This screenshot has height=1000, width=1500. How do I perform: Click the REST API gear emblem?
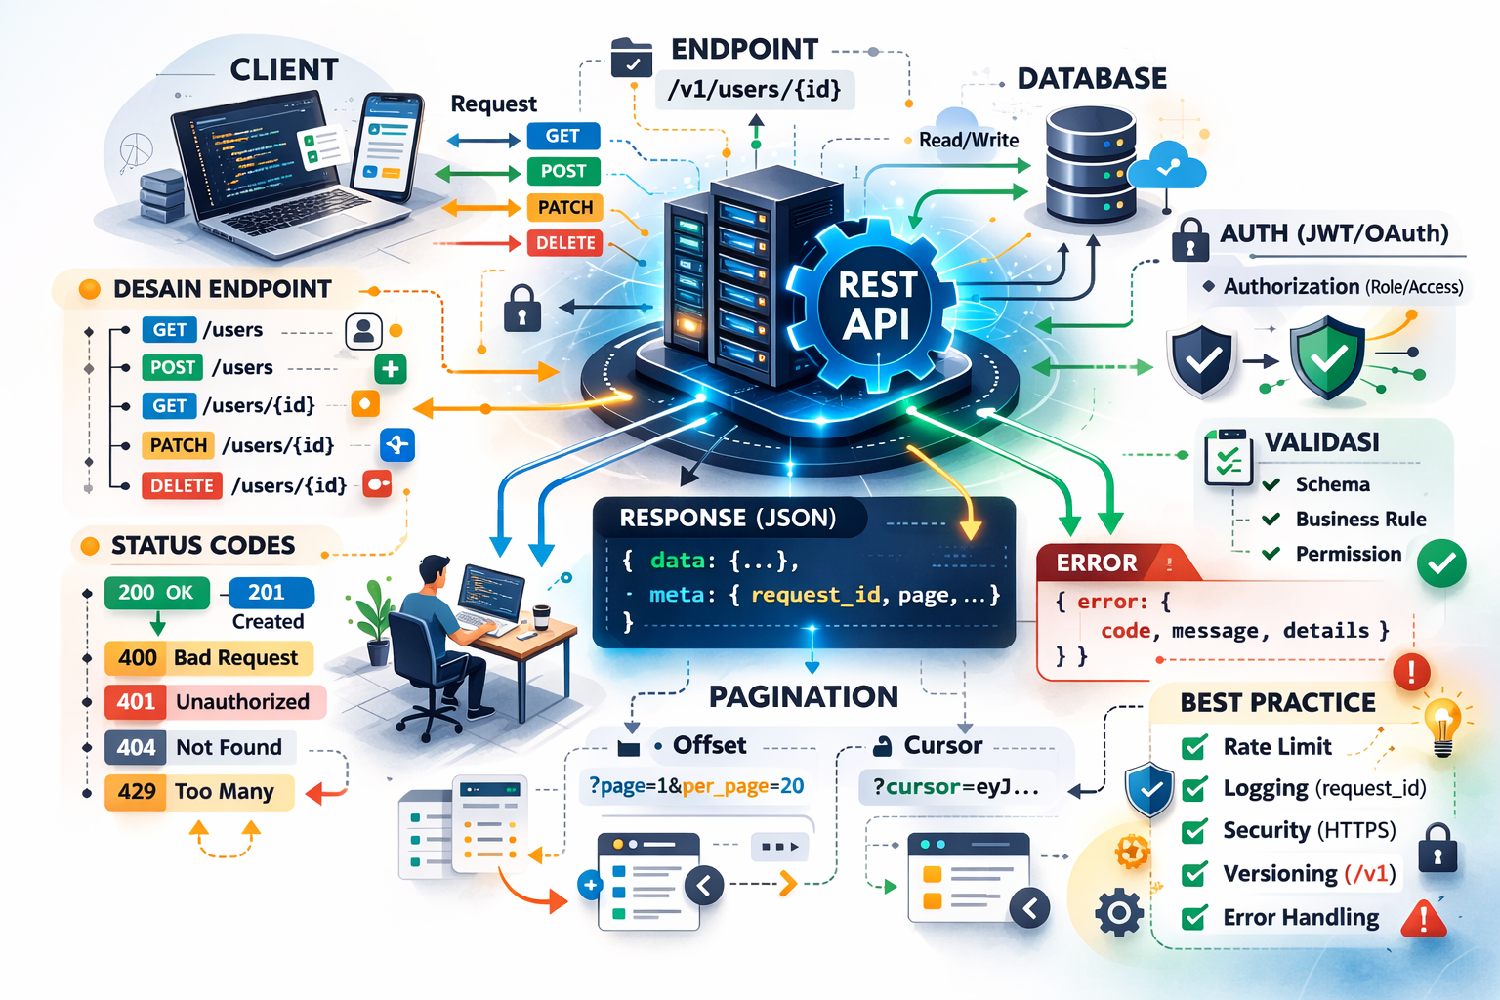point(876,305)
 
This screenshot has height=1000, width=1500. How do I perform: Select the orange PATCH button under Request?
point(564,207)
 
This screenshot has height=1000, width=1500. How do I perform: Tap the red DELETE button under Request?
point(564,243)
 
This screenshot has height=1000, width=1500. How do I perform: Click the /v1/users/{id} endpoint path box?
point(753,90)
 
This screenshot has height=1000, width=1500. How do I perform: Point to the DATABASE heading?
point(1092,79)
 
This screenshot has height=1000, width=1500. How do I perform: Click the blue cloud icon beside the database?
point(1167,166)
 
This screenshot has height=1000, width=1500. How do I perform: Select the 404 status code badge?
point(136,748)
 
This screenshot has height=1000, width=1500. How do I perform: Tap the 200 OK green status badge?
point(156,593)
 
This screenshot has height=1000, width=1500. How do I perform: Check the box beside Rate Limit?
point(1193,748)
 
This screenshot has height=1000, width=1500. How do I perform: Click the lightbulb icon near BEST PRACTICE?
point(1442,727)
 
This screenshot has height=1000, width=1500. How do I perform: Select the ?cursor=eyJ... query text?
point(955,787)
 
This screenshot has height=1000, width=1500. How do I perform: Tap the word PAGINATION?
point(803,696)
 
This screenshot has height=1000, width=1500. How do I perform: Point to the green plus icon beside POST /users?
point(391,369)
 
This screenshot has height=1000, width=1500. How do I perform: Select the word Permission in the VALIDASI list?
point(1348,554)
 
